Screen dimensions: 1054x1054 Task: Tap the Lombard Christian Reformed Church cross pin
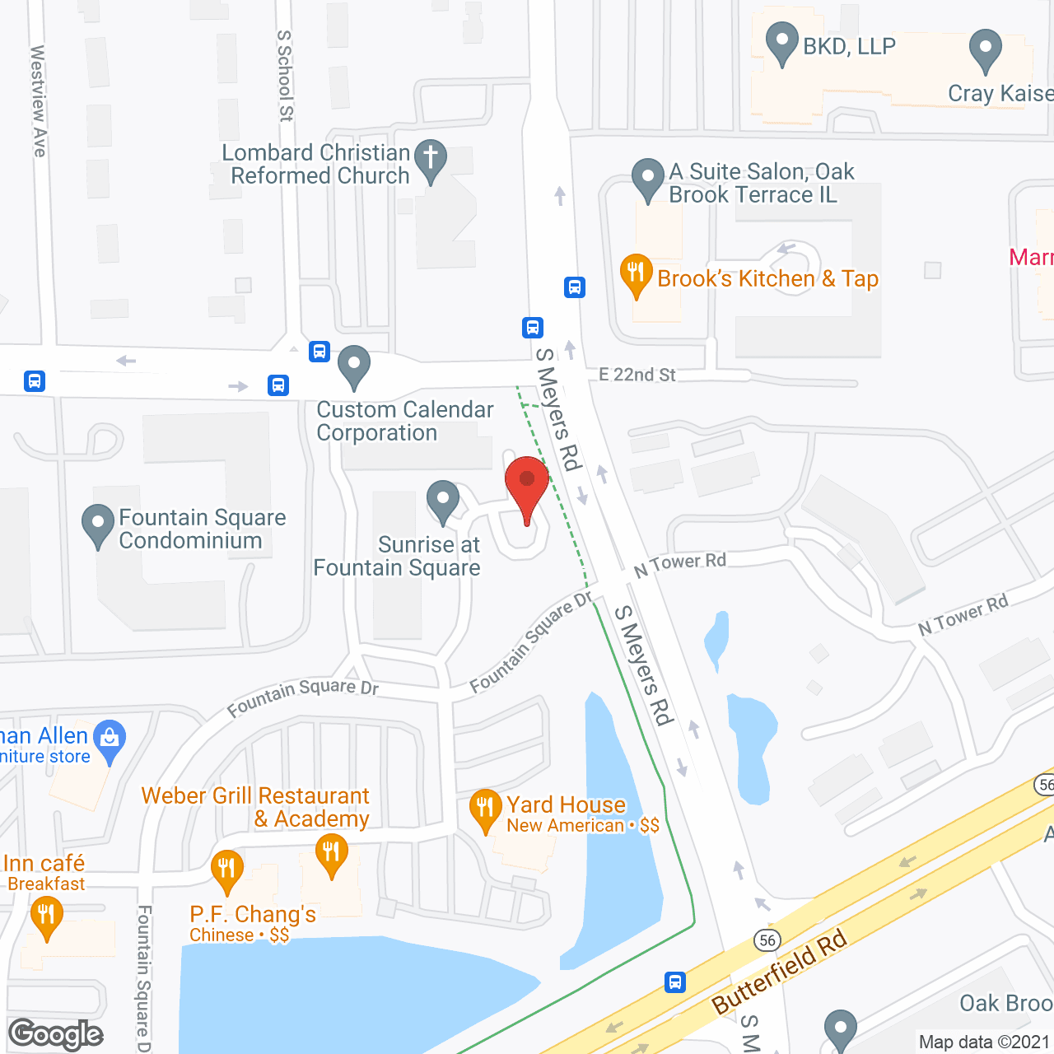pos(430,159)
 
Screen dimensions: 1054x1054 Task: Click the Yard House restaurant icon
pos(485,808)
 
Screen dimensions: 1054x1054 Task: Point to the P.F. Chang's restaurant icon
pos(226,869)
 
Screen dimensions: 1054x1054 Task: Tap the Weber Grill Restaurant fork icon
pos(331,852)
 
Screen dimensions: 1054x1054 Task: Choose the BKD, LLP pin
pos(781,42)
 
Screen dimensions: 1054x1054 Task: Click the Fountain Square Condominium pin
pos(98,523)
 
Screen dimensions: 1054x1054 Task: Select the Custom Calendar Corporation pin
pos(354,365)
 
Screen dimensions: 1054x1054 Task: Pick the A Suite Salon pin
pos(648,177)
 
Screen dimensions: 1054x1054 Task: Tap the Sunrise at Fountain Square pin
pos(443,499)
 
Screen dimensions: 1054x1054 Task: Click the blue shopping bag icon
pos(110,738)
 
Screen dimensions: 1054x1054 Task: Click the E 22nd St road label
pos(637,375)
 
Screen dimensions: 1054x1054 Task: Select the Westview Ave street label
pos(38,100)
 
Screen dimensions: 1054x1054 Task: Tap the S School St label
pos(285,76)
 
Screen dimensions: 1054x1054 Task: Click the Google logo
pos(56,1034)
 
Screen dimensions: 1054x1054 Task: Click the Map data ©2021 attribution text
pos(984,1042)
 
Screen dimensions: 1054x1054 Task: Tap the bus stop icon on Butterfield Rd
pos(675,982)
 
